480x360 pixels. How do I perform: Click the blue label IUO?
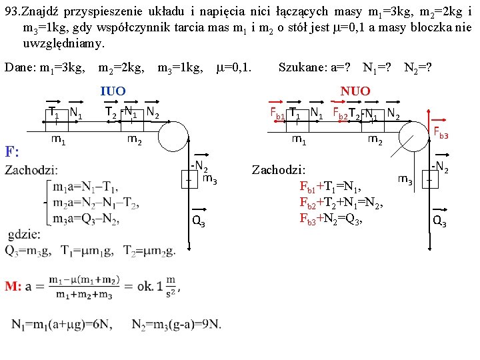point(113,91)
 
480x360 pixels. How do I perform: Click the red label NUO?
point(355,91)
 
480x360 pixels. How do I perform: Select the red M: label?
point(14,286)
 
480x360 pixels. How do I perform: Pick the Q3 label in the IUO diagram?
point(199,221)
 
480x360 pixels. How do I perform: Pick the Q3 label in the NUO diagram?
point(439,222)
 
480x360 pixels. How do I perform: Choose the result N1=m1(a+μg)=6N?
point(61,324)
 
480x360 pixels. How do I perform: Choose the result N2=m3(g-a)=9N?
point(176,324)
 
